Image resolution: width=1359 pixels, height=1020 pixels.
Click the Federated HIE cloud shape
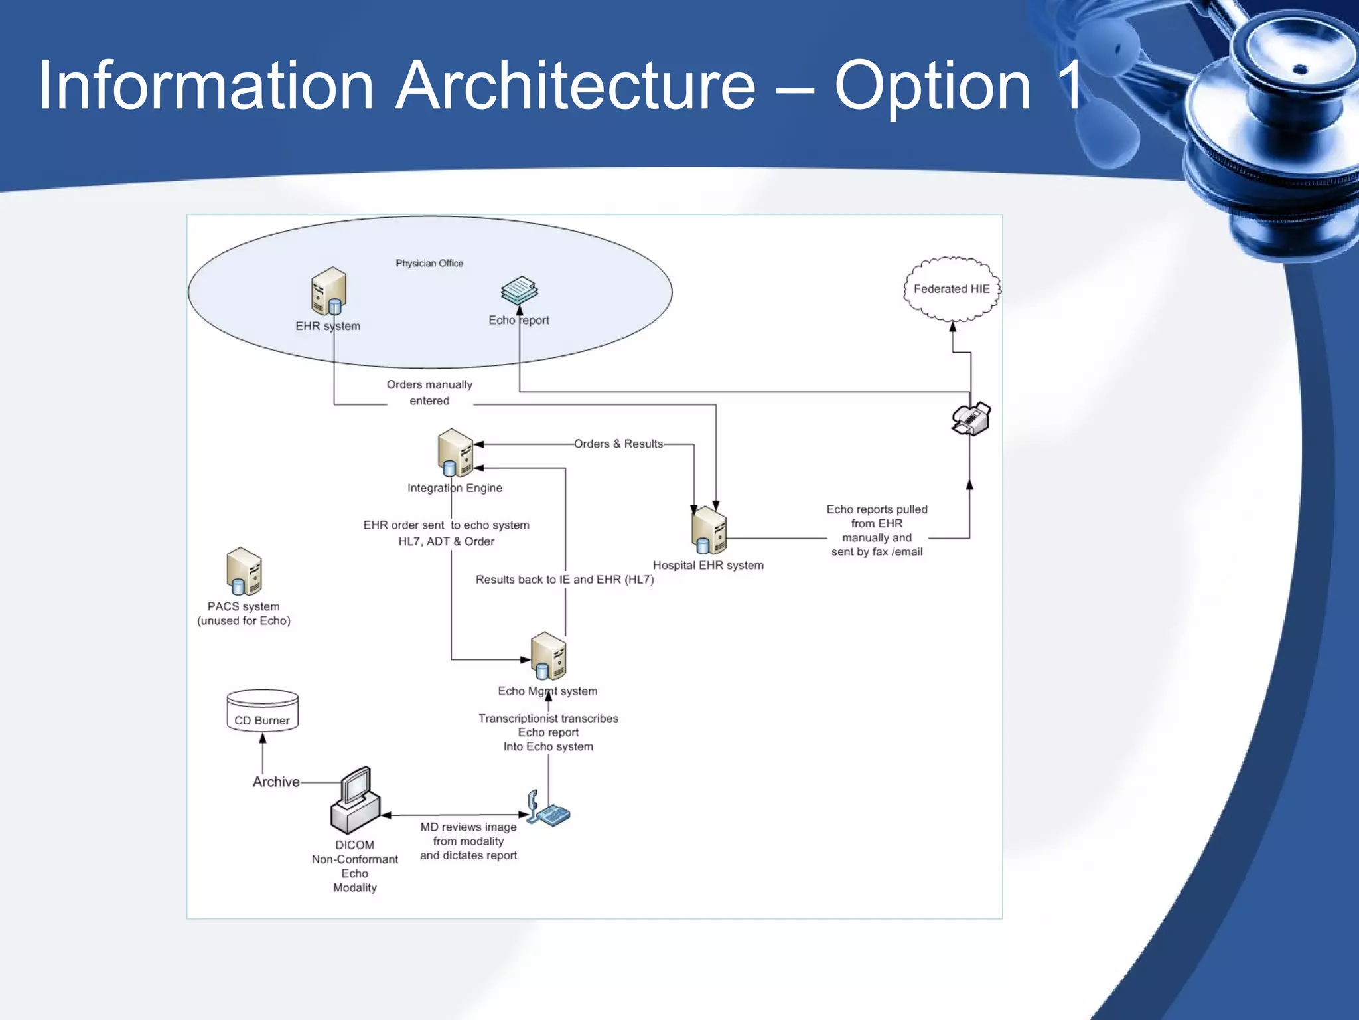point(952,289)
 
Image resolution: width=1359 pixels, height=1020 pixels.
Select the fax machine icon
point(971,418)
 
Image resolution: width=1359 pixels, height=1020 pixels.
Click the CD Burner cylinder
point(262,710)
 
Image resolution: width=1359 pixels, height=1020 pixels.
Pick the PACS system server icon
point(244,571)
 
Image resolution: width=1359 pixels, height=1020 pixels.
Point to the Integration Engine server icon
point(455,453)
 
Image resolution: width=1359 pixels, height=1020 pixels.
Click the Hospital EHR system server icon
point(709,531)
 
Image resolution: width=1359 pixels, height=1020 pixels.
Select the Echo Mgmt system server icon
point(548,655)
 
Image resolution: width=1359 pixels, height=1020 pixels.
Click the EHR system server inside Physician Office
point(328,291)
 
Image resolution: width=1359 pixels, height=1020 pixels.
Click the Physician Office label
point(429,263)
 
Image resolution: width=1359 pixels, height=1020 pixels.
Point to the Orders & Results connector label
point(618,444)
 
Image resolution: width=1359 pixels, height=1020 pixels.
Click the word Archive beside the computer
point(276,782)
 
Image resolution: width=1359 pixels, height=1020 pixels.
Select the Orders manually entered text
point(429,392)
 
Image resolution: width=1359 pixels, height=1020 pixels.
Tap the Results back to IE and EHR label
point(564,579)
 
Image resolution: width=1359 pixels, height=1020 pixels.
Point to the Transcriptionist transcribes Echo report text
point(548,732)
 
